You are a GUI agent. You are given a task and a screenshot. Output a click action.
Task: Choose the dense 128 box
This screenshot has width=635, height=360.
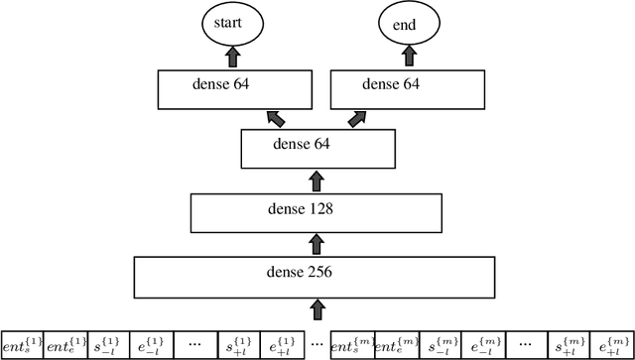pos(316,211)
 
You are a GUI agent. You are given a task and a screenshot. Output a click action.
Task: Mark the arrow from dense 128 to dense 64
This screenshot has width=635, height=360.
pos(317,180)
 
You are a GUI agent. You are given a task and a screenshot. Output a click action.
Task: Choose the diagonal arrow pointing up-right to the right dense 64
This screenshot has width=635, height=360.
pos(357,119)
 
